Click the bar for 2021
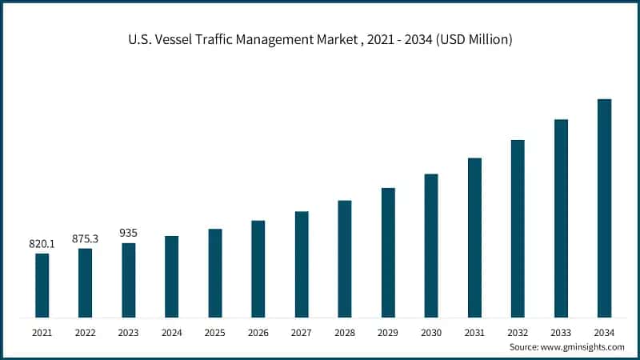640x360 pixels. coord(42,285)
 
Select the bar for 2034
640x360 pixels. coord(604,208)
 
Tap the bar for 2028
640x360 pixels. coord(345,258)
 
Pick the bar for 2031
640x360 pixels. coord(474,237)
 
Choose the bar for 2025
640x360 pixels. coord(215,273)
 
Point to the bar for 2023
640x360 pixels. coord(129,280)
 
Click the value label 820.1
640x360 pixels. coord(42,243)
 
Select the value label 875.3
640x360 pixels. coord(86,238)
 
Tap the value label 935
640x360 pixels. coord(128,233)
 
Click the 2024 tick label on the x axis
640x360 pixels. coord(172,331)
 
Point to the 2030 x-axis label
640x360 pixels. coord(431,331)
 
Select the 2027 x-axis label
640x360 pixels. coord(302,331)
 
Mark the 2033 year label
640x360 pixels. coord(561,331)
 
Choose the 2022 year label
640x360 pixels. coord(86,331)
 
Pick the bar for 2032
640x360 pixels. coord(518,228)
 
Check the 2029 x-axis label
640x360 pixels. coord(388,331)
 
